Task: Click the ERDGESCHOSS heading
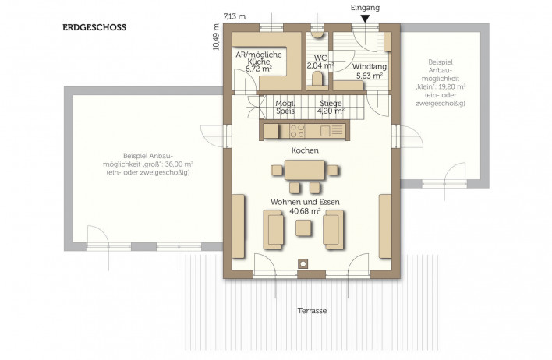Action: coord(94,27)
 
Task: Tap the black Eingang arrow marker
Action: coord(365,19)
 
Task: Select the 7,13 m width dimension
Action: coord(235,16)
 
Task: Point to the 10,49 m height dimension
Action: coord(216,37)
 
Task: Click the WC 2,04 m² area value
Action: coord(320,65)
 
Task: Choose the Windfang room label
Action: coord(370,66)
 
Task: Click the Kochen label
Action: coord(305,150)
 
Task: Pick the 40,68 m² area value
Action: coord(305,211)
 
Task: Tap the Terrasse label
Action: coord(312,311)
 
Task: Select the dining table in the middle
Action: coord(305,170)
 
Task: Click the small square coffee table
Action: coord(303,228)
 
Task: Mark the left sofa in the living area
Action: coord(273,230)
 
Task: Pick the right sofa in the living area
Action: coord(334,230)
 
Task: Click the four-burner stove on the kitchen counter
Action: coord(297,131)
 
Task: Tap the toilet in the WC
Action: coord(317,79)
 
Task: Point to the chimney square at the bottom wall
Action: coord(303,263)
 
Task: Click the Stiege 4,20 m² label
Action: coord(331,108)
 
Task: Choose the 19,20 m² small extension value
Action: coord(453,87)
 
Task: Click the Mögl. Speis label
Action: coord(285,108)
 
